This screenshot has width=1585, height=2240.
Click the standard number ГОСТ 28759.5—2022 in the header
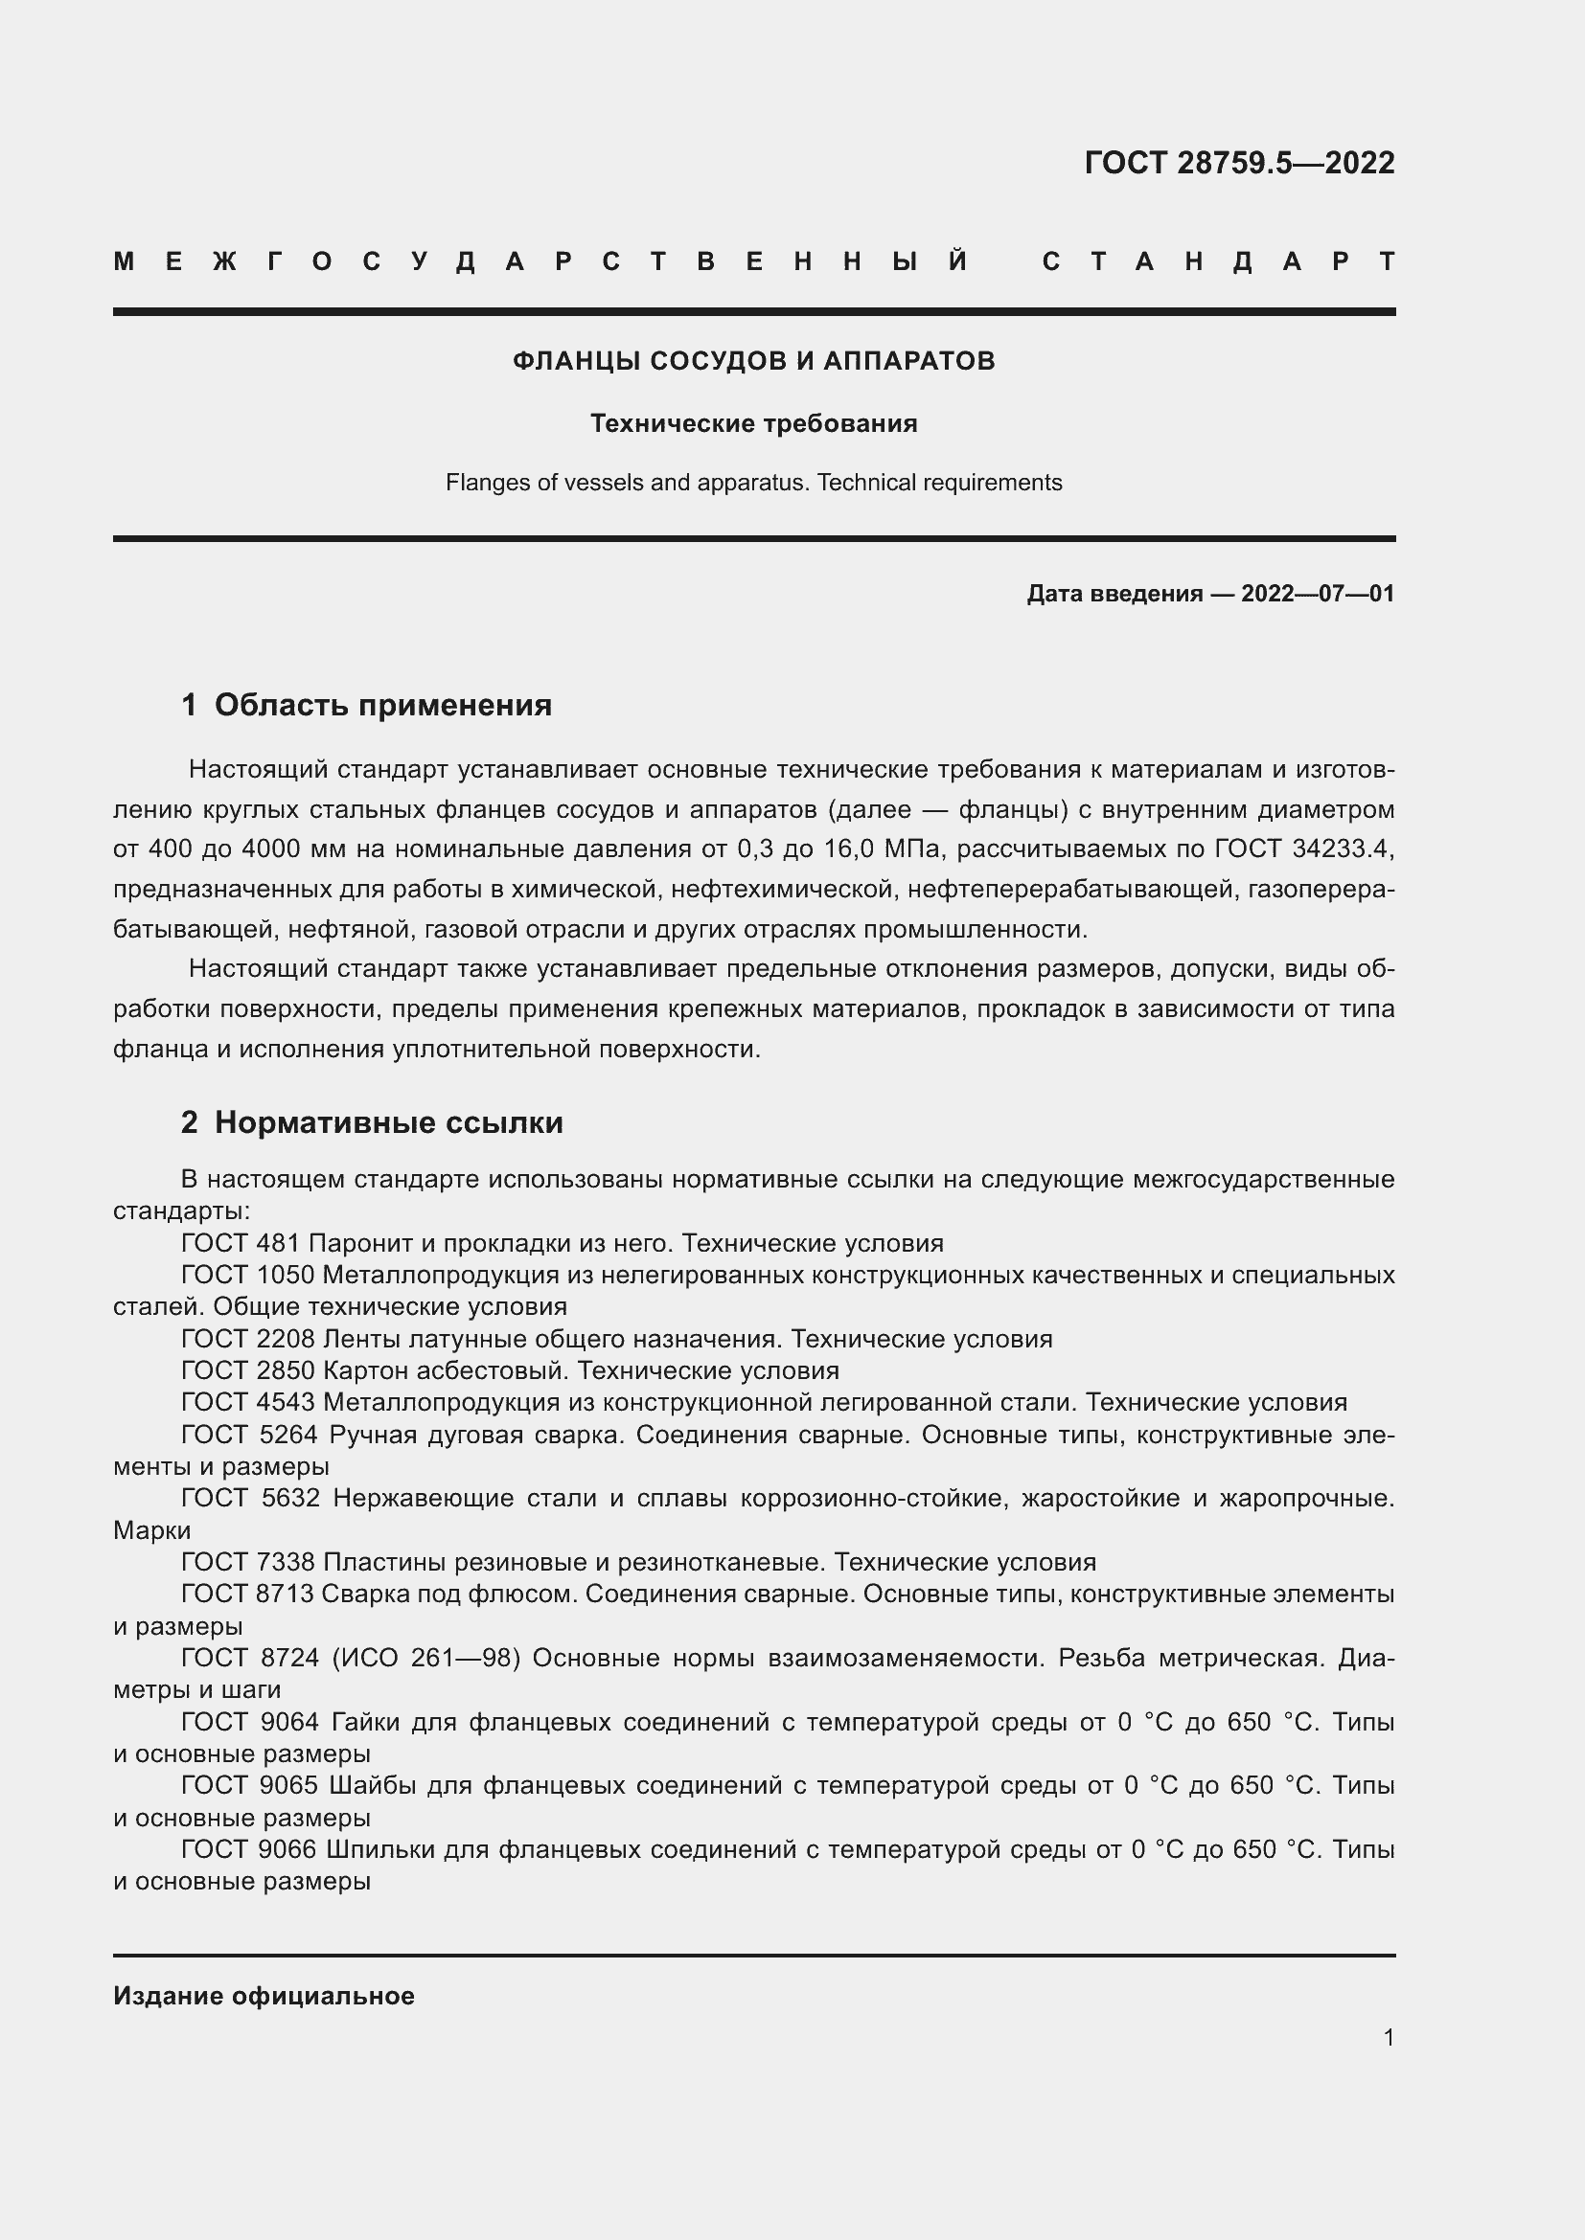click(x=1238, y=162)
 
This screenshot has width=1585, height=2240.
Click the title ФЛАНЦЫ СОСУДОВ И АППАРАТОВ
click(x=753, y=361)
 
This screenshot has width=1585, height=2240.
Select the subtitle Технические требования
click(x=753, y=423)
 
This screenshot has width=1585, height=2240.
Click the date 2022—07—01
click(x=1317, y=593)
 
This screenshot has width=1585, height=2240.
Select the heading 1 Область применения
click(x=367, y=705)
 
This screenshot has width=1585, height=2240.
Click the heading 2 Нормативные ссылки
click(x=372, y=1122)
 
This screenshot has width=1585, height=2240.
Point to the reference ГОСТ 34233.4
click(x=1302, y=848)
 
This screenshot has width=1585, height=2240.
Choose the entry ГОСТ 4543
click(x=248, y=1402)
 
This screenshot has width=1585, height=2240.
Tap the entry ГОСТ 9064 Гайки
click(x=293, y=1721)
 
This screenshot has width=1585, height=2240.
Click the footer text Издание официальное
click(x=264, y=1996)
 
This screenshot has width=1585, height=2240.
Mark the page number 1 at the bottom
click(x=1388, y=2037)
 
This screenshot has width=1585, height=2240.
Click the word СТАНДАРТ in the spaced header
click(x=1218, y=261)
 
